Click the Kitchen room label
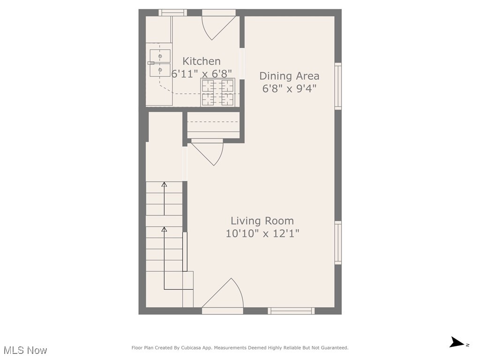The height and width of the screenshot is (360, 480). tap(201, 61)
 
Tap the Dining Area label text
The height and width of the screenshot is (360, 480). tap(289, 75)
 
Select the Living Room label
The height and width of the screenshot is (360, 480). tap(262, 221)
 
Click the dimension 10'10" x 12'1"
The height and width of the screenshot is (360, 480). tap(262, 233)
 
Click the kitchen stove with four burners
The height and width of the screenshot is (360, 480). tap(218, 92)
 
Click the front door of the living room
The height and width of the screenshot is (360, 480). tap(224, 295)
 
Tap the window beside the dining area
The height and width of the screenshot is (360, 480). tap(338, 86)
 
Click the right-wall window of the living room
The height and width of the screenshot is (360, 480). tap(338, 243)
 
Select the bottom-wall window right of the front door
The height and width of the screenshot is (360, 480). tap(291, 311)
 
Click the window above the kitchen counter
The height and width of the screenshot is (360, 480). tap(172, 13)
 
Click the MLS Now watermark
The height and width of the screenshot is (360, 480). tap(25, 350)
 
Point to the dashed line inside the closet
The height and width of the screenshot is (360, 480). tap(213, 122)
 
